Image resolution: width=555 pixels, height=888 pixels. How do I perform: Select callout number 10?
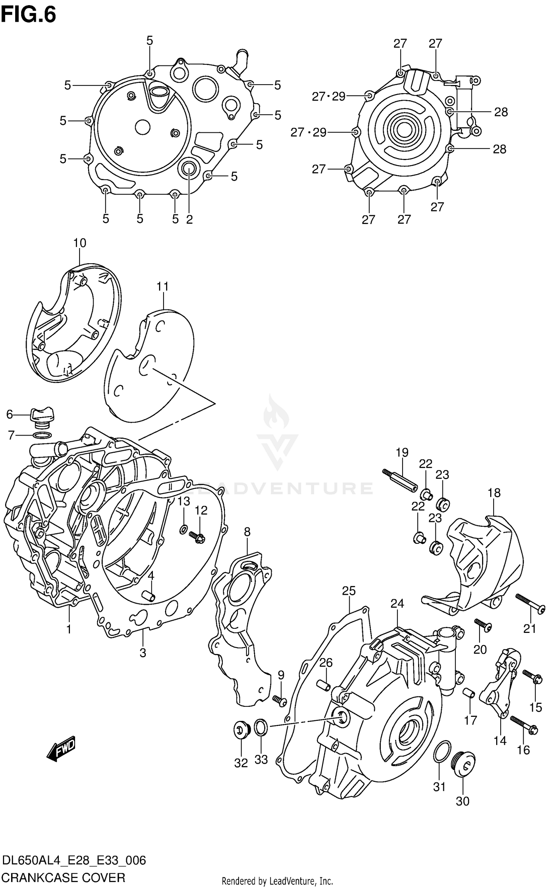(80, 243)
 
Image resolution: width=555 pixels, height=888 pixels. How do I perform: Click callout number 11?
(162, 287)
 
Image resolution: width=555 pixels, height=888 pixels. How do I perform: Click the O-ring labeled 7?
(42, 435)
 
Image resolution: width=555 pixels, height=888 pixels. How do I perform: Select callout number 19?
(402, 453)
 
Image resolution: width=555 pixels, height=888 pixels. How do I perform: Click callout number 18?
(494, 493)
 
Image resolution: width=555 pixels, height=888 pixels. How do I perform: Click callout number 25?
(349, 591)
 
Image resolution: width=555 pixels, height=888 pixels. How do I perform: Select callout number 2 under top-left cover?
(189, 220)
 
